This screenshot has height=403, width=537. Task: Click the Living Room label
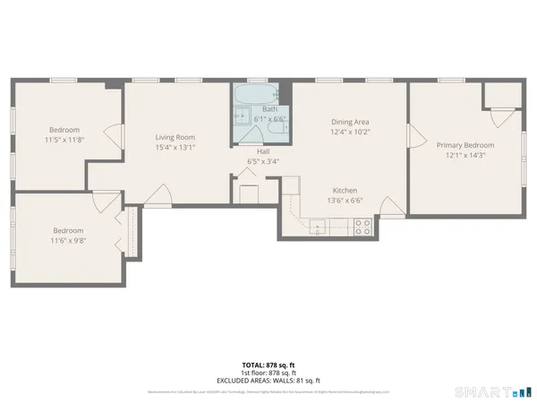175,137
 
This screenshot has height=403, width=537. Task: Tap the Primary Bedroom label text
465,144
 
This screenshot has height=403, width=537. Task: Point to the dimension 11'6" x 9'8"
68,241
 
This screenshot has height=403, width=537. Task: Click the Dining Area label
351,122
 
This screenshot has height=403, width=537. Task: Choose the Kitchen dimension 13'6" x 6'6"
345,202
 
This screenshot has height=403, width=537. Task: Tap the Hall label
263,151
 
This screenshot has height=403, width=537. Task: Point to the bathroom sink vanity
240,116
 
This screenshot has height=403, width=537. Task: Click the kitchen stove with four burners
362,227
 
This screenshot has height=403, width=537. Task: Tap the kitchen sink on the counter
317,227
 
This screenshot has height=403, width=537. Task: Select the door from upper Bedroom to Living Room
113,136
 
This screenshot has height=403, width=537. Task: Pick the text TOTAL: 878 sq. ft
268,364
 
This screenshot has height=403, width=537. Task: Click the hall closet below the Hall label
247,191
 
